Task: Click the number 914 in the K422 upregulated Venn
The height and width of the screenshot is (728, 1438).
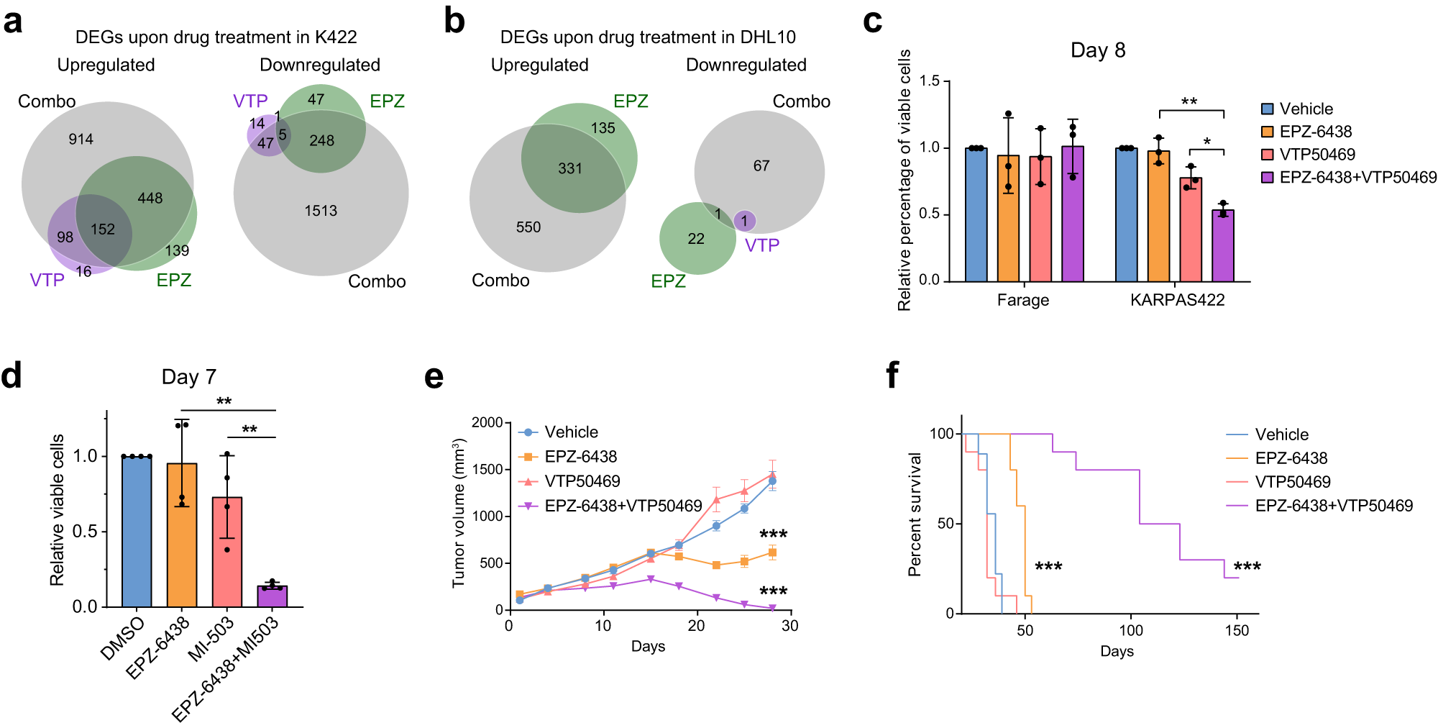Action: pyautogui.click(x=81, y=139)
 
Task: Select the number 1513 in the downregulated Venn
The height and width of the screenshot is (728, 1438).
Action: pyautogui.click(x=321, y=211)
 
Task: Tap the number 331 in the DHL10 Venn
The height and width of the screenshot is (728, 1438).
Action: pyautogui.click(x=570, y=168)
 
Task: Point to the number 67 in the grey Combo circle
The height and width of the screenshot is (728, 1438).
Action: pyautogui.click(x=761, y=166)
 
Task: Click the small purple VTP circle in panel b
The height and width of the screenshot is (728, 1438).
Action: pyautogui.click(x=745, y=221)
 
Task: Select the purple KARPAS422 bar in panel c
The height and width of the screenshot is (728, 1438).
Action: pyautogui.click(x=1223, y=245)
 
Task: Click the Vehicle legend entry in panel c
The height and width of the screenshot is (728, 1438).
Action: pyautogui.click(x=1306, y=109)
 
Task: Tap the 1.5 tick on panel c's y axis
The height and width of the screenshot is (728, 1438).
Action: pyautogui.click(x=930, y=81)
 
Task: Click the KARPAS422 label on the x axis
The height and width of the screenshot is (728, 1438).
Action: pyautogui.click(x=1177, y=300)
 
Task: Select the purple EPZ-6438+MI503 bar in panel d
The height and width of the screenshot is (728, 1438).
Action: pyautogui.click(x=273, y=596)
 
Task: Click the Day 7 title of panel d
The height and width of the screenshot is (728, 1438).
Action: pyautogui.click(x=188, y=377)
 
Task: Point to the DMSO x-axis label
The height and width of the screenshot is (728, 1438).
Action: pyautogui.click(x=123, y=638)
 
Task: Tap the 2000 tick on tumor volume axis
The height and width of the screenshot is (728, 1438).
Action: pyautogui.click(x=487, y=422)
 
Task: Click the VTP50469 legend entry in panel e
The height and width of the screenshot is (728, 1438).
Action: pyautogui.click(x=582, y=481)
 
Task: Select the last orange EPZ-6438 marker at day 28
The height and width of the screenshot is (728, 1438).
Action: pyautogui.click(x=772, y=552)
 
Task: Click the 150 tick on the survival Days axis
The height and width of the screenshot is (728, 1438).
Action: pyautogui.click(x=1237, y=631)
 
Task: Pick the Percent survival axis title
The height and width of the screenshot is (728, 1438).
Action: pyautogui.click(x=915, y=514)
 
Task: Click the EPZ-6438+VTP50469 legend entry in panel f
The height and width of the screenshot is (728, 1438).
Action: pyautogui.click(x=1333, y=506)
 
